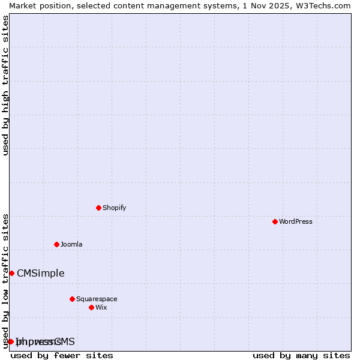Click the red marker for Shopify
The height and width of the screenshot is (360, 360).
pos(98,208)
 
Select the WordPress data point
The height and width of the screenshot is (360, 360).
pos(275,221)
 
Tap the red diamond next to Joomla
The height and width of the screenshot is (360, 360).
pos(56,244)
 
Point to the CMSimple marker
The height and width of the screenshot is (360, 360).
pos(11,273)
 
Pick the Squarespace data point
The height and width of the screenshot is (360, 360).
pos(72,299)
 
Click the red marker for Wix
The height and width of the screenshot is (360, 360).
pos(91,307)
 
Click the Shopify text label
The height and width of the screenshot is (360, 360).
pos(114,208)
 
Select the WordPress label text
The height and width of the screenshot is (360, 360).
pos(295,221)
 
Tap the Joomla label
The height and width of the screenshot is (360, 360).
pos(71,244)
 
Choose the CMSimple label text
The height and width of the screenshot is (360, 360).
pos(40,273)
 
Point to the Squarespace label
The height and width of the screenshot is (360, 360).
pos(97,299)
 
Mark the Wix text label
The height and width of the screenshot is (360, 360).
pos(101,307)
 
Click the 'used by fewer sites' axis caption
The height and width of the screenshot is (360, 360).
pos(62,355)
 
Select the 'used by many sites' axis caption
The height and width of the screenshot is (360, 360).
pos(301,355)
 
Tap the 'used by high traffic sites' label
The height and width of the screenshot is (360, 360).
pos(5,85)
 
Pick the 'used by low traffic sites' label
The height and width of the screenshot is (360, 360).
pos(5,280)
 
